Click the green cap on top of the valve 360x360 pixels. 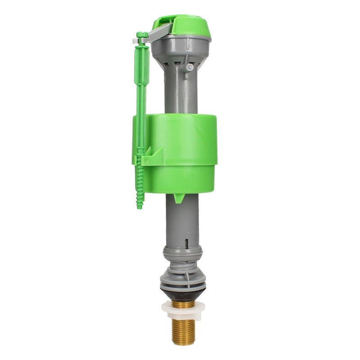click(184, 25)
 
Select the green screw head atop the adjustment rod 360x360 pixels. click(142, 35)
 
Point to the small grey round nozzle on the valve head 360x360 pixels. click(190, 67)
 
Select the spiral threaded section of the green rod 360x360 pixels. click(140, 184)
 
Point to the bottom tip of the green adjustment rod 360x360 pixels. click(139, 206)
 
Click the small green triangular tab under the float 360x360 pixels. click(179, 198)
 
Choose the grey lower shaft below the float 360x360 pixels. click(182, 220)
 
